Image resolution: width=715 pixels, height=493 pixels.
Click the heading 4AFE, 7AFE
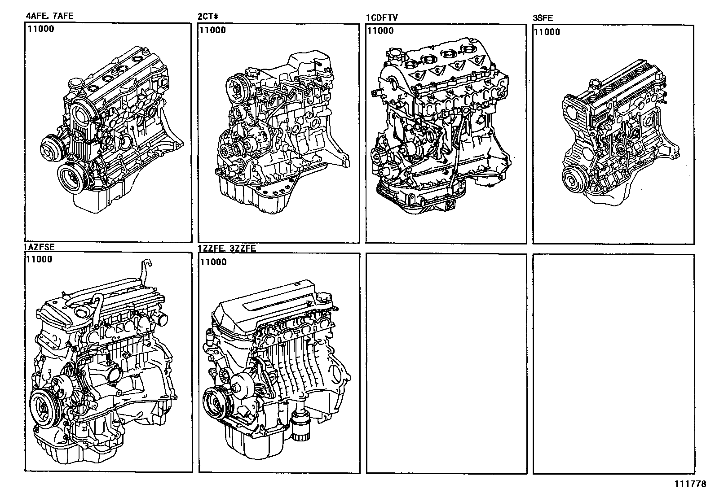pos(49,16)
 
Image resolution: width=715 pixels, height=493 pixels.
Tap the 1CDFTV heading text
pos(382,17)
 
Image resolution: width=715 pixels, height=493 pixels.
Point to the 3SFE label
pos(543,18)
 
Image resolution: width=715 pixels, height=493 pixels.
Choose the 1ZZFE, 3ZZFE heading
pos(227,248)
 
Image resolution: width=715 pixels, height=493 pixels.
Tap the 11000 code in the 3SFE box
pos(547,32)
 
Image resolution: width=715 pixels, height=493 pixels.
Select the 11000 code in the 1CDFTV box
pos(380,31)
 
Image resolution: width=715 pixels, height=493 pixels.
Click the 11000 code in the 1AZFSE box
pos(39,259)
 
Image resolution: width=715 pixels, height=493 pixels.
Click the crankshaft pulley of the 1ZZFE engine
pos(216,402)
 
